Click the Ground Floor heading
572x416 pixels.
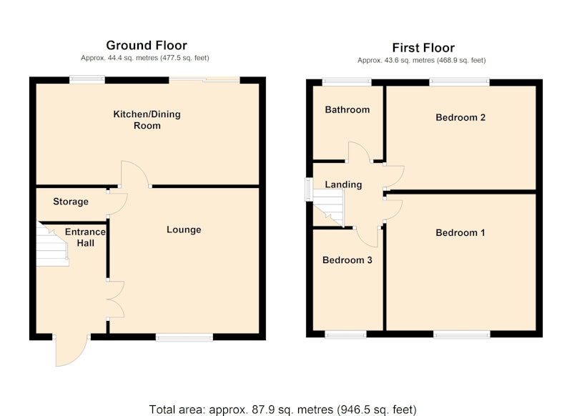click(147, 45)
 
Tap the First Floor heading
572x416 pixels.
click(423, 48)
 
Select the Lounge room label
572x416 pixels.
click(184, 229)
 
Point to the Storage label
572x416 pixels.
click(71, 202)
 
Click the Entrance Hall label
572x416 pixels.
click(85, 237)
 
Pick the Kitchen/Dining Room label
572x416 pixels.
click(147, 120)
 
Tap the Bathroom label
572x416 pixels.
click(347, 110)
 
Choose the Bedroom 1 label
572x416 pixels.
click(460, 232)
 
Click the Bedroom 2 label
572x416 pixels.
click(460, 117)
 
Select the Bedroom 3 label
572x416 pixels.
click(347, 260)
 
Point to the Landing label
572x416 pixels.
click(343, 184)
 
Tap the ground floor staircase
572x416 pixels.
click(52, 244)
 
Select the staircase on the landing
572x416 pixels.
click(328, 209)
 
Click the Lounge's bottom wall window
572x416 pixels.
click(184, 337)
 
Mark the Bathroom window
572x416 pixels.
click(346, 82)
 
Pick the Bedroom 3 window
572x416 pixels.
click(345, 335)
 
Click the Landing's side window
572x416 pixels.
click(309, 189)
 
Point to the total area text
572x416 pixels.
click(282, 410)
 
